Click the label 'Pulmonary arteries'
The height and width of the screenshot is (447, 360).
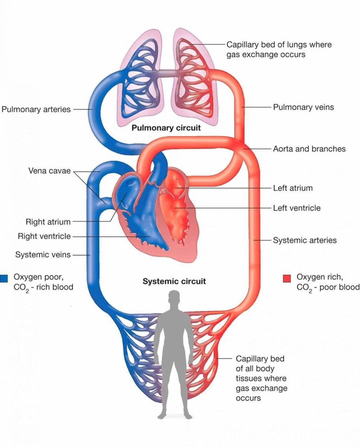point(36,110)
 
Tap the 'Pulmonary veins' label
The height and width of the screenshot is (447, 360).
point(303,107)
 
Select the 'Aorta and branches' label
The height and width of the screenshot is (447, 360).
point(309,149)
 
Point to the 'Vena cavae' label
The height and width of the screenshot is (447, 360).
point(49,171)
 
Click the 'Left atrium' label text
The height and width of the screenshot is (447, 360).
point(293,188)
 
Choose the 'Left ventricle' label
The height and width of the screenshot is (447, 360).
point(297,208)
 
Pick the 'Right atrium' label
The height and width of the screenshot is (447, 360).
point(48,222)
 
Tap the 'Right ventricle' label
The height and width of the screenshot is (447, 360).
point(44,236)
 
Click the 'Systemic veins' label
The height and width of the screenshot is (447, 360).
point(43,255)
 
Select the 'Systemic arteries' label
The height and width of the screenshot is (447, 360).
point(305,240)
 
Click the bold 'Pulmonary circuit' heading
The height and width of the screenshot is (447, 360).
point(166,128)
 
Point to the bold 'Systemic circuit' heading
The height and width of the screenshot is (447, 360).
point(174,281)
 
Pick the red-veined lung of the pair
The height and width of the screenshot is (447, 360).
point(194,78)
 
